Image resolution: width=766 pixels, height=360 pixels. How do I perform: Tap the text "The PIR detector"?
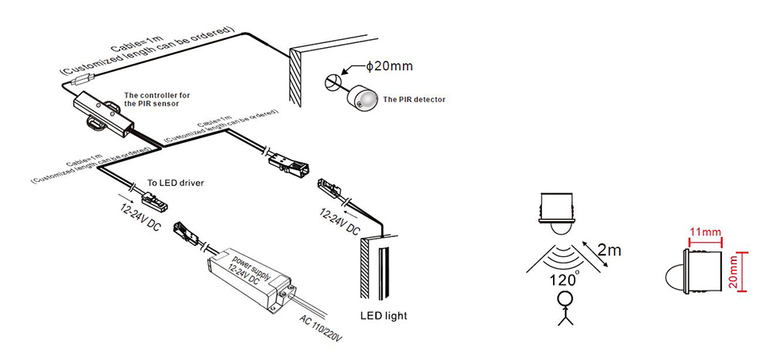pos(414,100)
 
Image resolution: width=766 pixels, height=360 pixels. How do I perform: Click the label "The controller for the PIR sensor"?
pos(157,99)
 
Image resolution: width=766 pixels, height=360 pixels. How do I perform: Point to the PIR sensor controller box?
pos(104,112)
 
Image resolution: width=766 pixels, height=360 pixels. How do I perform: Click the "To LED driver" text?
pos(176,183)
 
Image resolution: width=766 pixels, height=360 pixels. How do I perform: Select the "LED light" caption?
pos(383,315)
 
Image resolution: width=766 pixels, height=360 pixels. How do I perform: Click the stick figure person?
pos(564,308)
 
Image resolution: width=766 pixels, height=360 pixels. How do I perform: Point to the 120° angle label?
pos(563,279)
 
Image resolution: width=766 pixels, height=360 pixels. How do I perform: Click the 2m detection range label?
pos(610,250)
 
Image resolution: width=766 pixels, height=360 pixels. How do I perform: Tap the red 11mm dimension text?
pos(705,232)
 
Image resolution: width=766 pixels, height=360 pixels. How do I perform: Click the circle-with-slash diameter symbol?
pos(332,80)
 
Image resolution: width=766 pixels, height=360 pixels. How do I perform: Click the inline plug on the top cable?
pos(81,78)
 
